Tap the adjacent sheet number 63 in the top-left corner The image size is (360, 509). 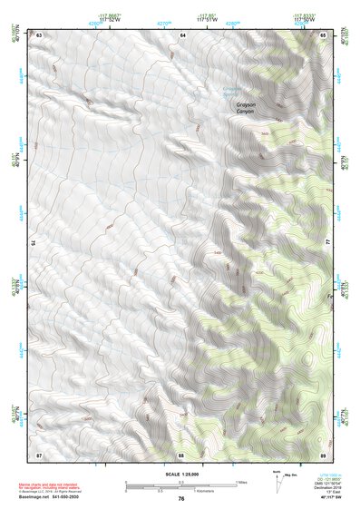(40, 34)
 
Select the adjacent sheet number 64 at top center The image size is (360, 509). (182, 34)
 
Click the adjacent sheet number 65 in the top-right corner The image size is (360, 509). (324, 34)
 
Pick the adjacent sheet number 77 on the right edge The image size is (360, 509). (327, 242)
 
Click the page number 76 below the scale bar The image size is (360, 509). (181, 499)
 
